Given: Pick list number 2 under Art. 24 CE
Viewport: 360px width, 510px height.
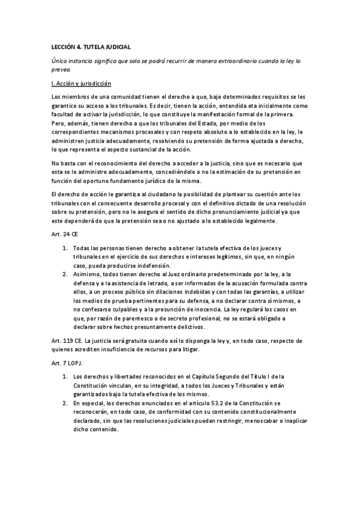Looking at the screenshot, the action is [65, 291].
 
